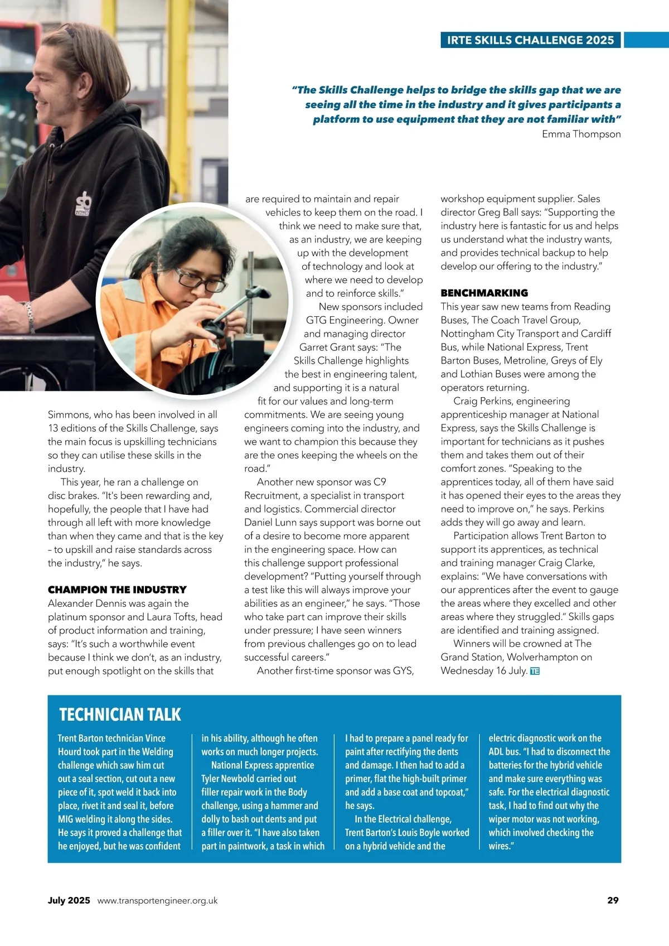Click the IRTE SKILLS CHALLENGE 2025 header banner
[530, 40]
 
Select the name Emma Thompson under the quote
[581, 134]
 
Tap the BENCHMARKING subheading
[484, 293]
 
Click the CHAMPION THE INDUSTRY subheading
[117, 590]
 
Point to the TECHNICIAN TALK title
[120, 715]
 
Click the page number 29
[613, 900]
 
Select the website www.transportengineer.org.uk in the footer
[157, 901]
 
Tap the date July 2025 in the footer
[69, 900]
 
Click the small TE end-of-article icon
[535, 671]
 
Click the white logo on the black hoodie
[83, 204]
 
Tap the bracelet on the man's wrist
[29, 316]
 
